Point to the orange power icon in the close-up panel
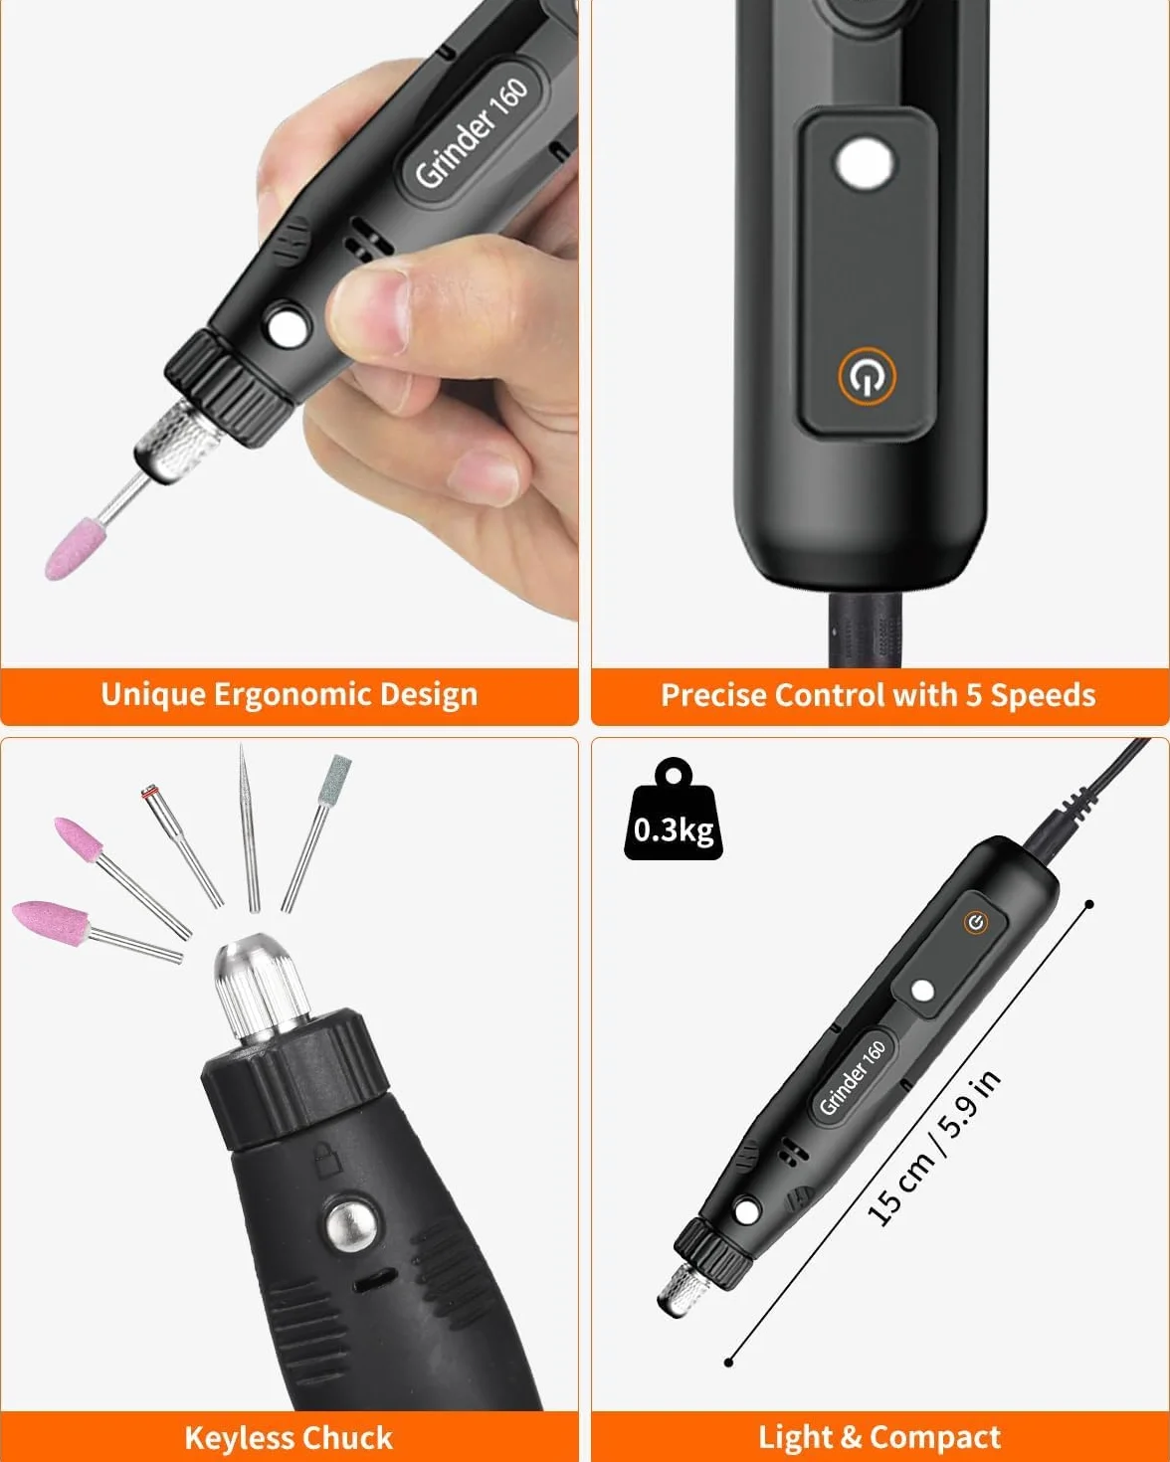point(867,376)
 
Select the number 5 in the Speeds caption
point(974,695)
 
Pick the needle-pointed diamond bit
point(248,827)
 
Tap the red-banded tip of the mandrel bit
point(149,792)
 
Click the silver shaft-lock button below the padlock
point(351,1225)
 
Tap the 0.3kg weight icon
point(673,810)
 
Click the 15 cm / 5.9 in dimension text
point(934,1149)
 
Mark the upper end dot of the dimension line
point(1089,904)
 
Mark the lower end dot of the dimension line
point(729,1363)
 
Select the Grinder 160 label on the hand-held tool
point(472,132)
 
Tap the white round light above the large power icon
point(865,163)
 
